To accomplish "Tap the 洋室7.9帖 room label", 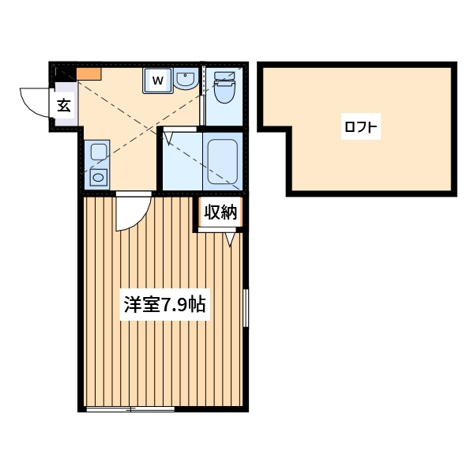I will tap(164, 305).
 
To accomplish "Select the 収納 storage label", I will tap(220, 212).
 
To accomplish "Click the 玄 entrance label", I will tap(64, 103).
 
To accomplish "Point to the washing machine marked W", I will tap(156, 80).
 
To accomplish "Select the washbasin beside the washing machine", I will tap(185, 80).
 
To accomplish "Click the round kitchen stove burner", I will tap(98, 177).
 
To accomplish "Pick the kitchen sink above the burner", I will tap(98, 152).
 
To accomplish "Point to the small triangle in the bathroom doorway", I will tap(167, 138).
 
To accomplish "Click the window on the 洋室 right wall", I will tap(246, 307).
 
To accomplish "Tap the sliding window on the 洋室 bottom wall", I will tap(130, 408).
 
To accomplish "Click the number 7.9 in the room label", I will tap(174, 305).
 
